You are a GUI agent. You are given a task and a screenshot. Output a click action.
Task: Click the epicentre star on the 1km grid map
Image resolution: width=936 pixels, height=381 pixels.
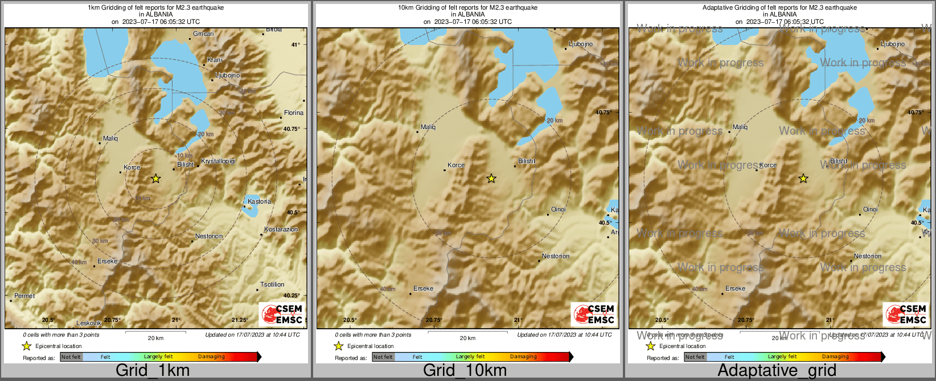click(156, 179)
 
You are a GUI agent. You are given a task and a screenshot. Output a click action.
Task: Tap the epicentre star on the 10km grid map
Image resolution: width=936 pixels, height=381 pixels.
click(491, 179)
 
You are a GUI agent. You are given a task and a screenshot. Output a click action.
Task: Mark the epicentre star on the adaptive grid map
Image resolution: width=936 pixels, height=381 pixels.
click(803, 179)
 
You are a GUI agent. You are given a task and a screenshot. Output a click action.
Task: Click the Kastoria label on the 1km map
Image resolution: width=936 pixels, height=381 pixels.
click(260, 202)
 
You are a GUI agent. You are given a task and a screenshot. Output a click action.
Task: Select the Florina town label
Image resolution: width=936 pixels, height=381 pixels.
click(294, 113)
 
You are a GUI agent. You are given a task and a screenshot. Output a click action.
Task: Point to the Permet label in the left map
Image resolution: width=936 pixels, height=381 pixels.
click(24, 296)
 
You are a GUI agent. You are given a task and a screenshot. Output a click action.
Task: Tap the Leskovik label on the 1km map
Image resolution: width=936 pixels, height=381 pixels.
click(89, 323)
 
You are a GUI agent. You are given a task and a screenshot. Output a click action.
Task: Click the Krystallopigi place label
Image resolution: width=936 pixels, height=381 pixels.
click(218, 161)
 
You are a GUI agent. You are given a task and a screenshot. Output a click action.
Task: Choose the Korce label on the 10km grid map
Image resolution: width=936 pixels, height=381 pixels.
click(456, 165)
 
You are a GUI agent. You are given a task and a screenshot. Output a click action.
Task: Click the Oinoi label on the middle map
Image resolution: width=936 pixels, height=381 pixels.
click(559, 209)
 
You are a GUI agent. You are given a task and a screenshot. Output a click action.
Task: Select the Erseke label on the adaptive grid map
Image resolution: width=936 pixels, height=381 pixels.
click(735, 288)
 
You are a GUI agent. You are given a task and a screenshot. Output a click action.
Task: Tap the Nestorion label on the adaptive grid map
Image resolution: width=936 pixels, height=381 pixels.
click(868, 256)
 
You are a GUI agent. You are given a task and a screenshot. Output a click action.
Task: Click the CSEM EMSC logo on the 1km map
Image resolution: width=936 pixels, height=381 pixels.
click(282, 314)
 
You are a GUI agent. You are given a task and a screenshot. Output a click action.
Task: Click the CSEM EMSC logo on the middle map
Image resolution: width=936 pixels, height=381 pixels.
click(594, 314)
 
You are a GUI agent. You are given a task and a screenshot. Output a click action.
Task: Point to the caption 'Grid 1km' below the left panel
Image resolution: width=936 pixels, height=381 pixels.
click(153, 370)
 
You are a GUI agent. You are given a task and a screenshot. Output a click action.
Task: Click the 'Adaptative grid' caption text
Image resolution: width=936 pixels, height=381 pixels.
click(777, 370)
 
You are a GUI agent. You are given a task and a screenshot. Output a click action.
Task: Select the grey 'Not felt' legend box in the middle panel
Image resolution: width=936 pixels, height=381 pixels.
click(383, 357)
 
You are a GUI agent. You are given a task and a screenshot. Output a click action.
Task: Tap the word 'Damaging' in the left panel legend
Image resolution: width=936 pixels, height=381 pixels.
click(211, 357)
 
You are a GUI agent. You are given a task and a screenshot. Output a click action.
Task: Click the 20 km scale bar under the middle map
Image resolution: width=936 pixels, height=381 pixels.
click(467, 333)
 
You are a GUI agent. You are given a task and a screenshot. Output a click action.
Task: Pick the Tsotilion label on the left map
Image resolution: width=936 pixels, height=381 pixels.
click(272, 284)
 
